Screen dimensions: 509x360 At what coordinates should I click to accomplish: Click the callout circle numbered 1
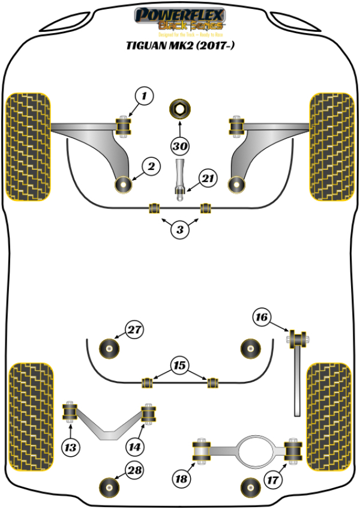tap(144, 95)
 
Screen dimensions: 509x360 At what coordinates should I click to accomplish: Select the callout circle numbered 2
tap(151, 166)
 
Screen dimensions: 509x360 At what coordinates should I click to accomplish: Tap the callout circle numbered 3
tap(180, 229)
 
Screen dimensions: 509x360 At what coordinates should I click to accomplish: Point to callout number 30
tap(179, 146)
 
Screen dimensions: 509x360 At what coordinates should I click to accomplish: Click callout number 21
tap(208, 178)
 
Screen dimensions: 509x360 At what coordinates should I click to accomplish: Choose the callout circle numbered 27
tap(135, 330)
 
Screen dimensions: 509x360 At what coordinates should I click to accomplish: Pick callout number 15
tap(179, 365)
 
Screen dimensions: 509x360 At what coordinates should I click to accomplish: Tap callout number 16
tap(262, 317)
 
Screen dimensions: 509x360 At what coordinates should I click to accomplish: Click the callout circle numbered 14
tap(136, 447)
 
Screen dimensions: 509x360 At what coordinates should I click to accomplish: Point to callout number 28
tap(135, 471)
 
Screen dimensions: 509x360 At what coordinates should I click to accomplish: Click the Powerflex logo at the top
tap(179, 19)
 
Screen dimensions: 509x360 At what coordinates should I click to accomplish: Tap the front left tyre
tap(28, 146)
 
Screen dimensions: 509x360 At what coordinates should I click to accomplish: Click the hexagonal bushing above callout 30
tap(179, 110)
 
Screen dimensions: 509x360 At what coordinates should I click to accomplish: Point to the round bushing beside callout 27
tap(110, 347)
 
